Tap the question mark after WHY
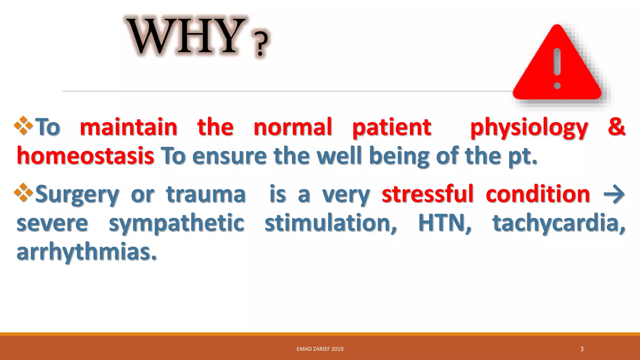click(x=261, y=44)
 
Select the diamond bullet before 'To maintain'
click(x=23, y=126)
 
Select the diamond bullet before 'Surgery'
click(x=23, y=192)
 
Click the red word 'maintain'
click(x=128, y=127)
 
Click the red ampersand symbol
click(x=616, y=126)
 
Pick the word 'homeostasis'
click(x=85, y=156)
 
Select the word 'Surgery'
click(x=77, y=194)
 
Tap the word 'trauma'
click(x=206, y=194)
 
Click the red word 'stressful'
click(x=427, y=194)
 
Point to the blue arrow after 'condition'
click(x=614, y=194)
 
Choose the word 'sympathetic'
click(x=176, y=223)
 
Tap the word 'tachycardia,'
click(x=559, y=223)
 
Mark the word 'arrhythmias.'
click(x=87, y=252)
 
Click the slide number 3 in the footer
click(x=582, y=349)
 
